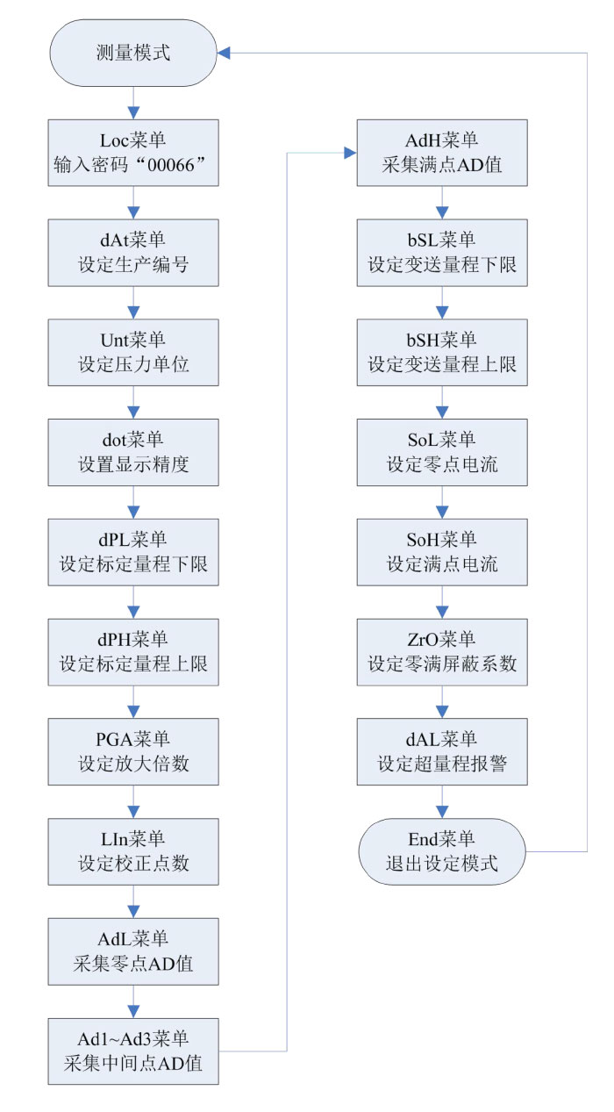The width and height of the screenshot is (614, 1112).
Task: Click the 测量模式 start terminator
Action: click(133, 53)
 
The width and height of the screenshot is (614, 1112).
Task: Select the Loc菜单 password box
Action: click(133, 153)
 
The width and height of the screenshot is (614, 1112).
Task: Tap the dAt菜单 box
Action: click(133, 253)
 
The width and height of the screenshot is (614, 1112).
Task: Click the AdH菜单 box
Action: click(442, 153)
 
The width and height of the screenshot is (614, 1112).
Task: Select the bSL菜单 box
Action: click(442, 253)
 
